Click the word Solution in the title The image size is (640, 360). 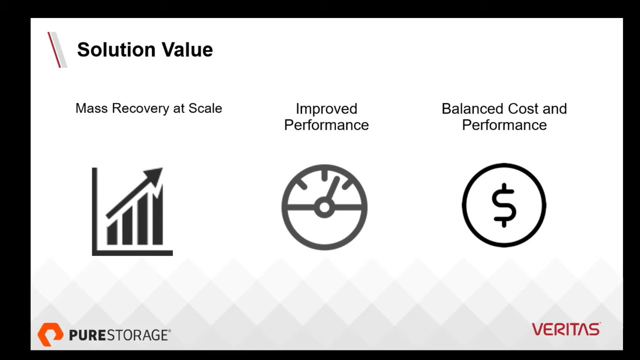click(116, 49)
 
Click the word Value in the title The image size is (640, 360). click(187, 49)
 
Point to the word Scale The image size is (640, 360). click(205, 108)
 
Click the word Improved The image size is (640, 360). click(326, 109)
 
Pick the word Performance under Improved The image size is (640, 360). click(326, 125)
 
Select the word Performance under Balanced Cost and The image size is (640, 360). click(504, 125)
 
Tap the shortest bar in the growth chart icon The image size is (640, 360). click(112, 234)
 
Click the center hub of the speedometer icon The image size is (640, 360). click(324, 207)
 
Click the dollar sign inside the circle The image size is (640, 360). click(504, 205)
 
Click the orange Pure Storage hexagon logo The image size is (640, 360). click(50, 334)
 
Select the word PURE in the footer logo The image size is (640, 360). click(87, 335)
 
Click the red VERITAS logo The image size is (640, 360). click(566, 329)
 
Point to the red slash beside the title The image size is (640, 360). click(54, 49)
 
